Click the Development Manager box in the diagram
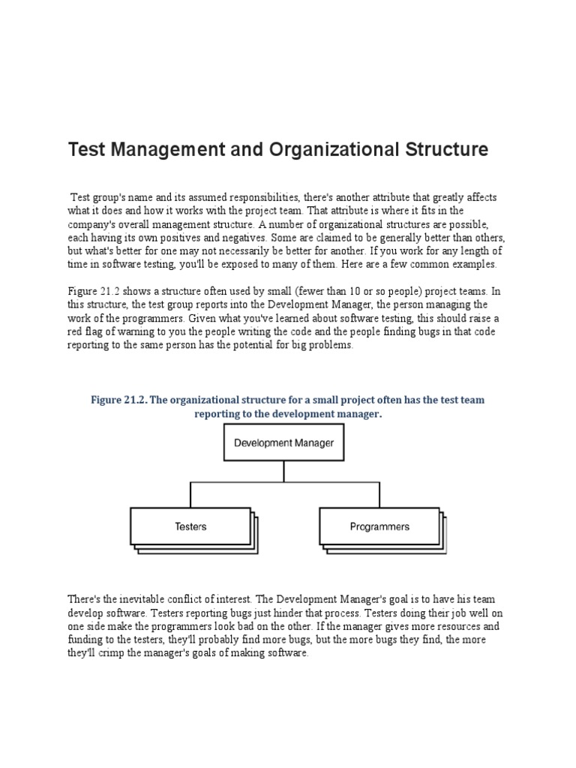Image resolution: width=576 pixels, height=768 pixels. pos(283,442)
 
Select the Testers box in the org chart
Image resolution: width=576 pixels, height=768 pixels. pos(190,526)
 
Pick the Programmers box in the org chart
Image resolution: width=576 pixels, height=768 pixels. pos(379,526)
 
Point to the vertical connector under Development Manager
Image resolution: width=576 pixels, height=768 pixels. pos(283,471)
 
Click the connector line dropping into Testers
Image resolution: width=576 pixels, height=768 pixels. pos(190,495)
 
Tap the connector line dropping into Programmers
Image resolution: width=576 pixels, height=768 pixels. pos(379,495)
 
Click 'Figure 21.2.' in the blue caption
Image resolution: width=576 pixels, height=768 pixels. pos(118,400)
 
